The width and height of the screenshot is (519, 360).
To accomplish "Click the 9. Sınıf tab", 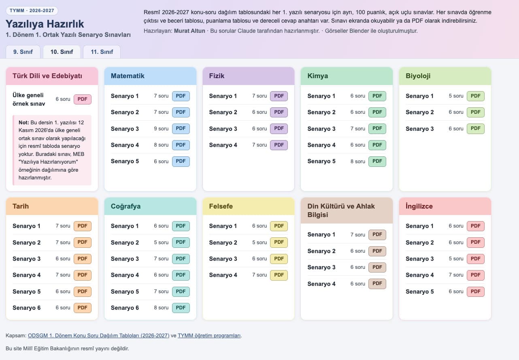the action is pyautogui.click(x=23, y=52).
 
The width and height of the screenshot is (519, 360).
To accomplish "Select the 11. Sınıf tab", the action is pyautogui.click(x=102, y=52).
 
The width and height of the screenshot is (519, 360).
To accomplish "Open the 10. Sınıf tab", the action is pyautogui.click(x=62, y=52).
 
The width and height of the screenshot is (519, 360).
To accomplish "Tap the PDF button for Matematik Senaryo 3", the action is pyautogui.click(x=181, y=128).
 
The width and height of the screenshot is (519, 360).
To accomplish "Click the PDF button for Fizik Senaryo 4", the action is pyautogui.click(x=279, y=145).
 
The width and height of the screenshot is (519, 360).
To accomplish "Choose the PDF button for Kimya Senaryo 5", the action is pyautogui.click(x=377, y=161).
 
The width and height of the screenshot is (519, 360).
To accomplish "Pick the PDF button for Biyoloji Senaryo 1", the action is pyautogui.click(x=475, y=96).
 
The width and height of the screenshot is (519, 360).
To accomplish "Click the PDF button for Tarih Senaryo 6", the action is pyautogui.click(x=83, y=308).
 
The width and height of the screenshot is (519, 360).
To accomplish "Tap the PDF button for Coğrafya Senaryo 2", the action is pyautogui.click(x=181, y=242).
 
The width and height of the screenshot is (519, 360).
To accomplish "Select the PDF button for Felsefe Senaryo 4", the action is pyautogui.click(x=279, y=275).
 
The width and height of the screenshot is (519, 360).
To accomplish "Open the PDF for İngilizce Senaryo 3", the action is pyautogui.click(x=475, y=259).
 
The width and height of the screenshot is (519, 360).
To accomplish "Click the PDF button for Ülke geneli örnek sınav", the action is pyautogui.click(x=83, y=99).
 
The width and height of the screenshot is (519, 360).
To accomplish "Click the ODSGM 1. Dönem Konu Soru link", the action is pyautogui.click(x=98, y=335).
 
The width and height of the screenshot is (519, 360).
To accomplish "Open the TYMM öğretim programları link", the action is pyautogui.click(x=209, y=335).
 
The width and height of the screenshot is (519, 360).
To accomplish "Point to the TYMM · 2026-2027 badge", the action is pyautogui.click(x=32, y=11).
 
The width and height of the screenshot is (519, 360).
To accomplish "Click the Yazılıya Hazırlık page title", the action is pyautogui.click(x=45, y=24).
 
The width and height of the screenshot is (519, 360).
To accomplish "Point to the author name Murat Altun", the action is pyautogui.click(x=189, y=31).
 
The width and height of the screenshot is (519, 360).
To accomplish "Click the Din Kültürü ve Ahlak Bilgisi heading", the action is pyautogui.click(x=341, y=211).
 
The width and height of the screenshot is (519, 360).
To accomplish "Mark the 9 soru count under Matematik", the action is pyautogui.click(x=161, y=129).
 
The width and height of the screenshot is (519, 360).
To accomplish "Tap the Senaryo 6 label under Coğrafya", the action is pyautogui.click(x=125, y=308).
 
